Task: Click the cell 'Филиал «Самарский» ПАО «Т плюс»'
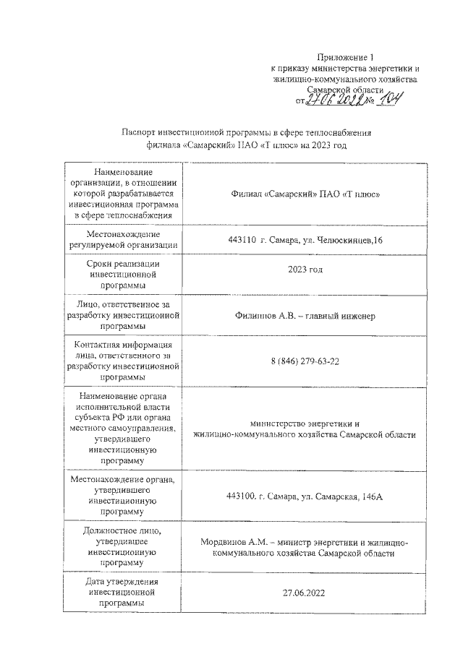[x=304, y=194]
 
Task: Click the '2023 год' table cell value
[x=305, y=270]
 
